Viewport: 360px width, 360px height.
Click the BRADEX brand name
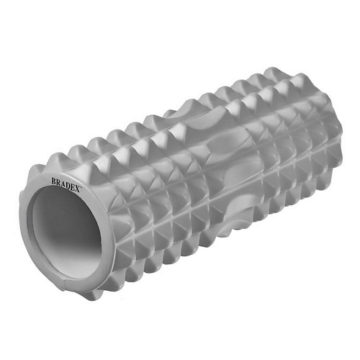[x=66, y=184]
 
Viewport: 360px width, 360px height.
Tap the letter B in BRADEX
[x=54, y=181]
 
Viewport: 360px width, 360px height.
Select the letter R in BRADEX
[x=58, y=182]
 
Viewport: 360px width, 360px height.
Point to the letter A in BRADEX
[x=63, y=184]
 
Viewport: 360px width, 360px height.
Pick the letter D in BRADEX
[x=68, y=185]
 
